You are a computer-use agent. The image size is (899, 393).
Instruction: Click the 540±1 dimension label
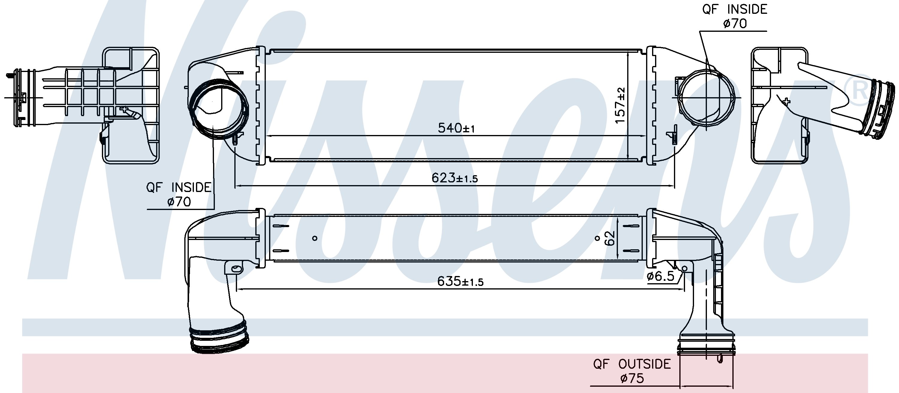click(456, 128)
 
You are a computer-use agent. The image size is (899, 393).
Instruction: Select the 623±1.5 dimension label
click(454, 178)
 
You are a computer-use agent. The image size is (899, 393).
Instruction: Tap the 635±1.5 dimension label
click(460, 281)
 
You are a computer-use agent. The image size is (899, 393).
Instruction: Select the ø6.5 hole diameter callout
click(661, 276)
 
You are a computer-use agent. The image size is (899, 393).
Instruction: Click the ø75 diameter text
click(632, 378)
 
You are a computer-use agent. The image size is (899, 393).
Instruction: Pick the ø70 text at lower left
click(179, 202)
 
